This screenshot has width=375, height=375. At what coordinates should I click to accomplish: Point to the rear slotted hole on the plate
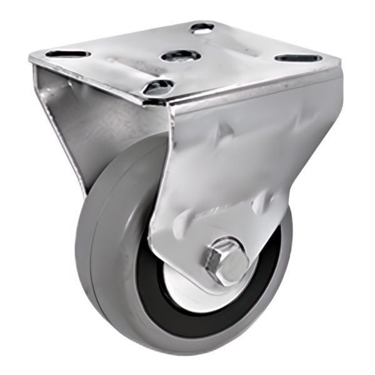pyautogui.click(x=202, y=27)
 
